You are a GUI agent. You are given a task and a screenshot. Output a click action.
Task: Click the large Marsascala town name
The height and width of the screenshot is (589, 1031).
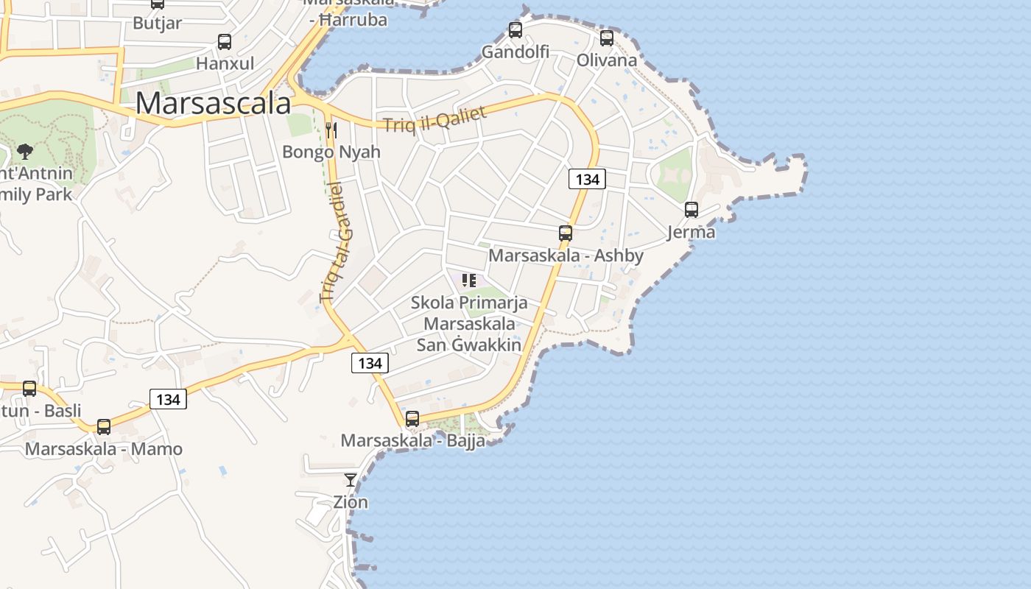[213, 103]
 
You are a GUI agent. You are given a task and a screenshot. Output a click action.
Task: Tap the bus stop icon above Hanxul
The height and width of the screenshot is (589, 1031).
[225, 42]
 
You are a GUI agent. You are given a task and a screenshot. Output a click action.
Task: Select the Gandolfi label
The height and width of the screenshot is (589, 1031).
[515, 52]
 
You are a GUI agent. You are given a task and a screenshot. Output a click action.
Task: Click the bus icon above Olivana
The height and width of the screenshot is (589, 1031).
[607, 38]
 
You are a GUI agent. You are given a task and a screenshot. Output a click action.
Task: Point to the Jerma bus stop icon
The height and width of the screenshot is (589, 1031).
[692, 210]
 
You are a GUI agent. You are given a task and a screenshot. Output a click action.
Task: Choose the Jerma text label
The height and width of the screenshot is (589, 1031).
[691, 232]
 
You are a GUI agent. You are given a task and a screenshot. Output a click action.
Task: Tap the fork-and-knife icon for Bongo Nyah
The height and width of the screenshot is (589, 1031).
[331, 130]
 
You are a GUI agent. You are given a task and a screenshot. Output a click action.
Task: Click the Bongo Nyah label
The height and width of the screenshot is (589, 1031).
[331, 152]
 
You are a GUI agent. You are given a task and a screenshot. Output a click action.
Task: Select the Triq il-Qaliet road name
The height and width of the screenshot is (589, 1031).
[434, 119]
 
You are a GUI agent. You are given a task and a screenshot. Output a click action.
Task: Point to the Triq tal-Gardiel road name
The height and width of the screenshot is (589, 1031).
[336, 243]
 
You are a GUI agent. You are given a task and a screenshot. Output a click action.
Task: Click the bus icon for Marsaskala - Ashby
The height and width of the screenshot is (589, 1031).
[566, 233]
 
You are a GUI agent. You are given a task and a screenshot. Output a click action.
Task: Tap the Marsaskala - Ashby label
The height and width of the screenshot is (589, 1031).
[566, 255]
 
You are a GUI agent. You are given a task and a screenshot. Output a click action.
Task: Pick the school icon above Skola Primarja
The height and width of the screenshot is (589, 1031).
[468, 280]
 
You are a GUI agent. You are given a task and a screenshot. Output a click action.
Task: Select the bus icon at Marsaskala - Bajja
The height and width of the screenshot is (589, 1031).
[412, 419]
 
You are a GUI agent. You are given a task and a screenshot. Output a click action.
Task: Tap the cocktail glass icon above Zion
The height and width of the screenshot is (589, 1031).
[351, 480]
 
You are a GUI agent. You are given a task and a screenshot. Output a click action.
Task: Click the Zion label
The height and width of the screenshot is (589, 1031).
[351, 502]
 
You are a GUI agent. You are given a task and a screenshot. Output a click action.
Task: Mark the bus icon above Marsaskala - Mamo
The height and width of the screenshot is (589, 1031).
[104, 426]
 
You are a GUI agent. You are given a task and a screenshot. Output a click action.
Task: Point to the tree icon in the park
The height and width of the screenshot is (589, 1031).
[24, 152]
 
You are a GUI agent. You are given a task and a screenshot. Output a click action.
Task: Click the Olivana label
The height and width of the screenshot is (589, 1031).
[607, 60]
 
